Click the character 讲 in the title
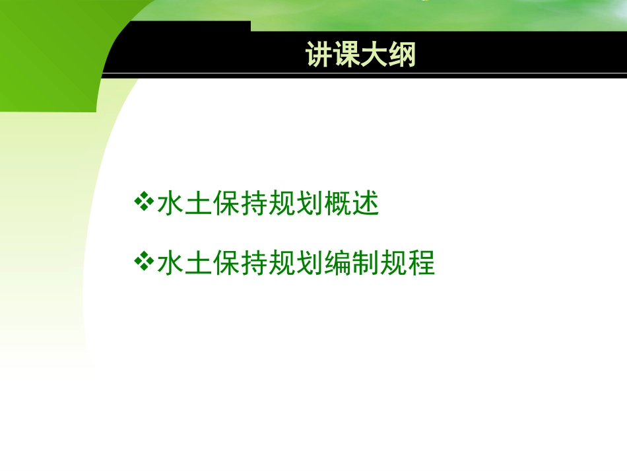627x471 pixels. (319, 55)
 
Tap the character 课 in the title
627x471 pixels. (347, 55)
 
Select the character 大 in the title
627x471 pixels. (375, 55)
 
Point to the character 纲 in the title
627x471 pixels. (403, 55)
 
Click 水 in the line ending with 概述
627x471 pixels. (170, 204)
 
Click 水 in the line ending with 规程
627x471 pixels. (170, 264)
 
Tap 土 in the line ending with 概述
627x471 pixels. (199, 204)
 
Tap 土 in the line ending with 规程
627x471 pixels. (199, 264)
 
